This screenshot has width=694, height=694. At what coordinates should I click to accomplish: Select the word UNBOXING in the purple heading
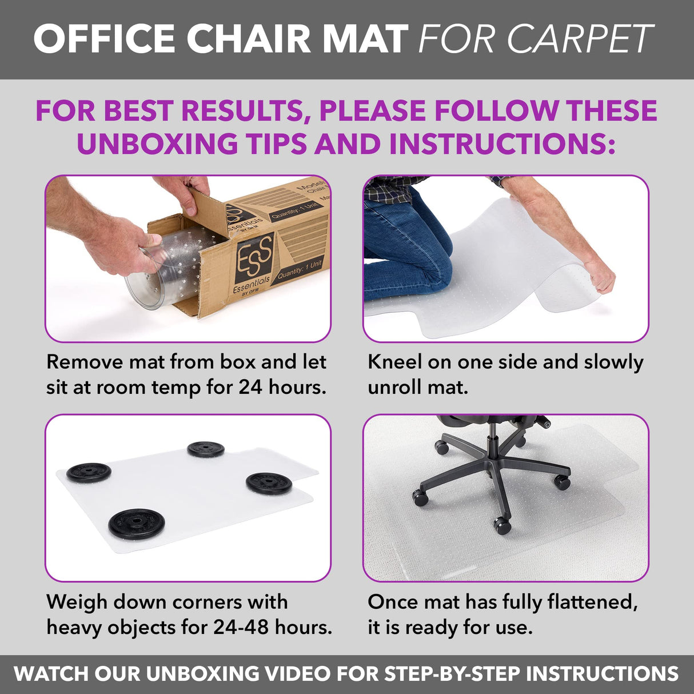pyautogui.click(x=157, y=143)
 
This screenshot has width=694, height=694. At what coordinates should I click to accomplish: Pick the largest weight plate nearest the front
pyautogui.click(x=137, y=524)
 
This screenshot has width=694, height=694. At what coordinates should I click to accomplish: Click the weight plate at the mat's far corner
pyautogui.click(x=206, y=449)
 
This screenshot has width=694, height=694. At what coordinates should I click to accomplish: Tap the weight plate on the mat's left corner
pyautogui.click(x=89, y=472)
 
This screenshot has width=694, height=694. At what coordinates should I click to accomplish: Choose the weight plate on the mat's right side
pyautogui.click(x=269, y=483)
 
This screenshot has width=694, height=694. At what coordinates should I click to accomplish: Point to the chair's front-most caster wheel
pyautogui.click(x=502, y=525)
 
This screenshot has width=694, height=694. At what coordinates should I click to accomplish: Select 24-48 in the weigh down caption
pyautogui.click(x=241, y=627)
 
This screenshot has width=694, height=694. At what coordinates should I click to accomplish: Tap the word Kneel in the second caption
pyautogui.click(x=395, y=362)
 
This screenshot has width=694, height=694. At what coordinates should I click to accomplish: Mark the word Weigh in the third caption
pyautogui.click(x=77, y=602)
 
